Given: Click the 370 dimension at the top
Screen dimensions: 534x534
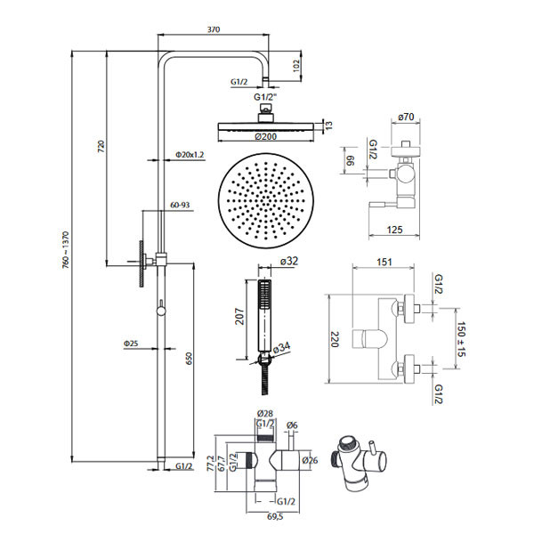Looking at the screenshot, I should tap(214, 29).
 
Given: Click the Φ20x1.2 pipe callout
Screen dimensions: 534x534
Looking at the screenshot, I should tap(190, 155).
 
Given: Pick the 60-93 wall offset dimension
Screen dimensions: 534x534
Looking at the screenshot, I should tap(180, 205).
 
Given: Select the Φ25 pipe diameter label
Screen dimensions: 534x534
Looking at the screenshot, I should tap(130, 344).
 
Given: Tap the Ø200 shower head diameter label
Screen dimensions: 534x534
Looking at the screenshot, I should tap(266, 136).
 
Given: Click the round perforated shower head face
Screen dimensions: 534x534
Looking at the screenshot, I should tap(263, 201).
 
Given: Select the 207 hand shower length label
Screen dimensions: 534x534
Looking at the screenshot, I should tap(239, 318).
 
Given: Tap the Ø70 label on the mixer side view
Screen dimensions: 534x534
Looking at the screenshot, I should tap(408, 116).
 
